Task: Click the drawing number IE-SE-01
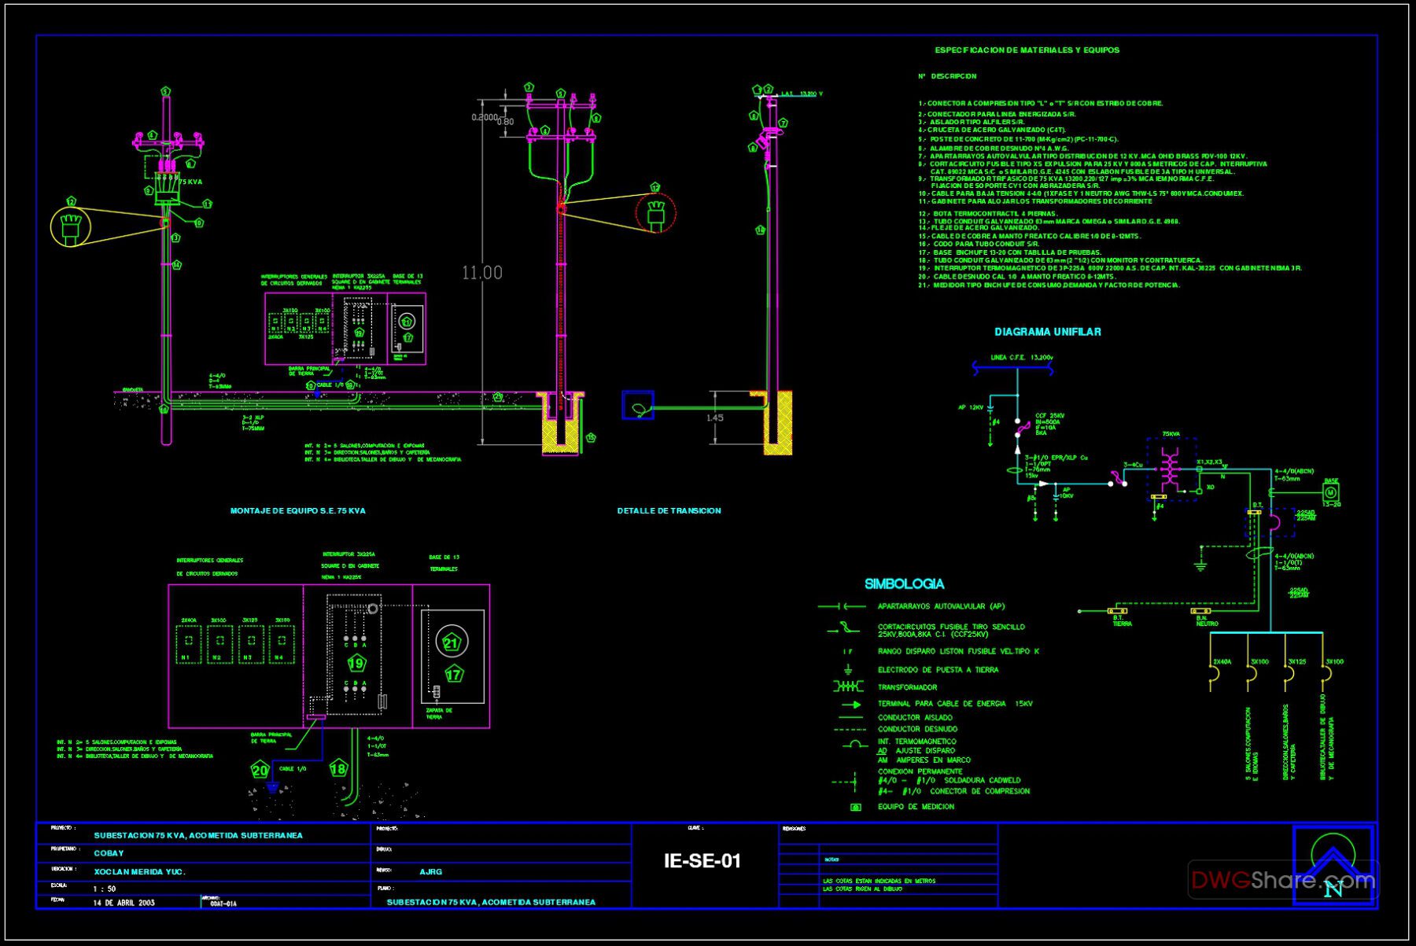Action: [x=702, y=861]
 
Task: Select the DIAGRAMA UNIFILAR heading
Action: [x=1047, y=332]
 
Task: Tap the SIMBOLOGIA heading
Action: [x=904, y=584]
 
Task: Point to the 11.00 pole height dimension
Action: [x=481, y=273]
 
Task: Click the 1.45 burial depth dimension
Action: [x=714, y=418]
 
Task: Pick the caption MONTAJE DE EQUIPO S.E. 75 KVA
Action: [x=297, y=511]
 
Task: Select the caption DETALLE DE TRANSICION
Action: [x=669, y=511]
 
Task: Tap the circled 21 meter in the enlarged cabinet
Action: [x=451, y=642]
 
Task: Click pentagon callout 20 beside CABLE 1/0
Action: [x=260, y=770]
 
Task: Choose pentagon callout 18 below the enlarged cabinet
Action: [x=338, y=769]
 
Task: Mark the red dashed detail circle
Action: [x=656, y=213]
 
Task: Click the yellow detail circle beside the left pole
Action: [x=71, y=226]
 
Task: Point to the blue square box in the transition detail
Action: [x=637, y=405]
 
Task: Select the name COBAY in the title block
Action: [x=109, y=853]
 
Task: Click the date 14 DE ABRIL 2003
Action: [x=124, y=903]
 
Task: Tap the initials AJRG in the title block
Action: [x=430, y=871]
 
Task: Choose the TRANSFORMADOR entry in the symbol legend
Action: [x=907, y=687]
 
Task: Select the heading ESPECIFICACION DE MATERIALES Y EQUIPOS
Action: [x=1027, y=50]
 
